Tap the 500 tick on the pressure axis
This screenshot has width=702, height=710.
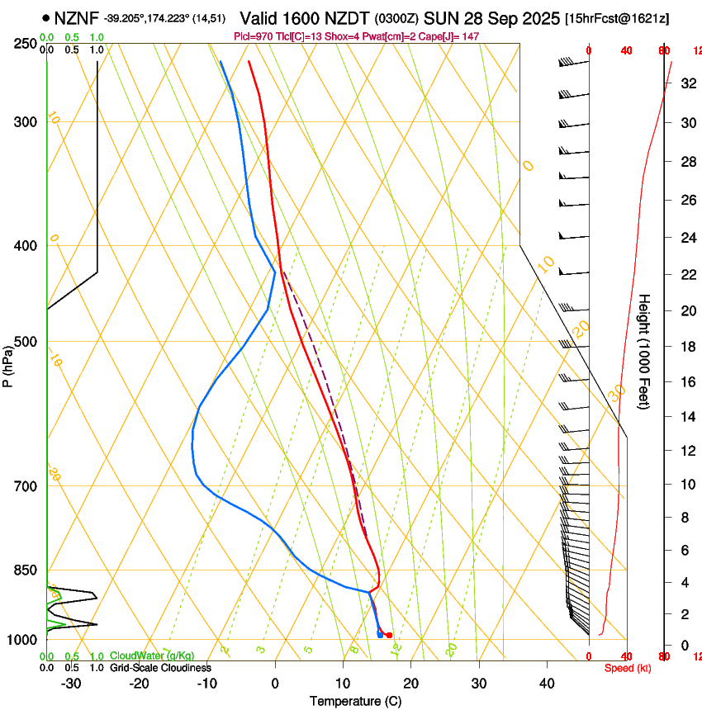coord(26,343)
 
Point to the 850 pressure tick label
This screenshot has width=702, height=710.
coord(26,570)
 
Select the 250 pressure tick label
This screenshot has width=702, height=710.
coord(26,44)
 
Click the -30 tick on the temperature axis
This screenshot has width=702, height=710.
coord(71,683)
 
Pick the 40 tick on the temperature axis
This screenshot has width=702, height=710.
coord(546,683)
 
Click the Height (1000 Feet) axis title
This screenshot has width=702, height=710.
coord(644,351)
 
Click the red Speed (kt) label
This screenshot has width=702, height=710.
coord(627,668)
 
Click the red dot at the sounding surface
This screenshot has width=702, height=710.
coord(389,635)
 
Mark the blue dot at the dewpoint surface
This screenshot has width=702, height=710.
coord(380,634)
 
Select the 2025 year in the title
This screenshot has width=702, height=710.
coord(540,17)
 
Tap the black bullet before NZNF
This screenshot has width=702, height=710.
coord(45,17)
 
